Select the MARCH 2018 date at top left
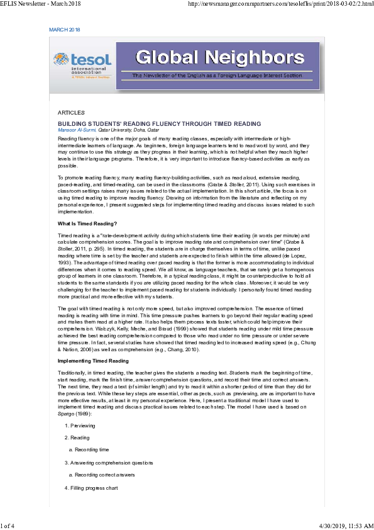[65, 30]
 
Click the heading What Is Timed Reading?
[87, 223]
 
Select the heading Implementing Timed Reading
[93, 361]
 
